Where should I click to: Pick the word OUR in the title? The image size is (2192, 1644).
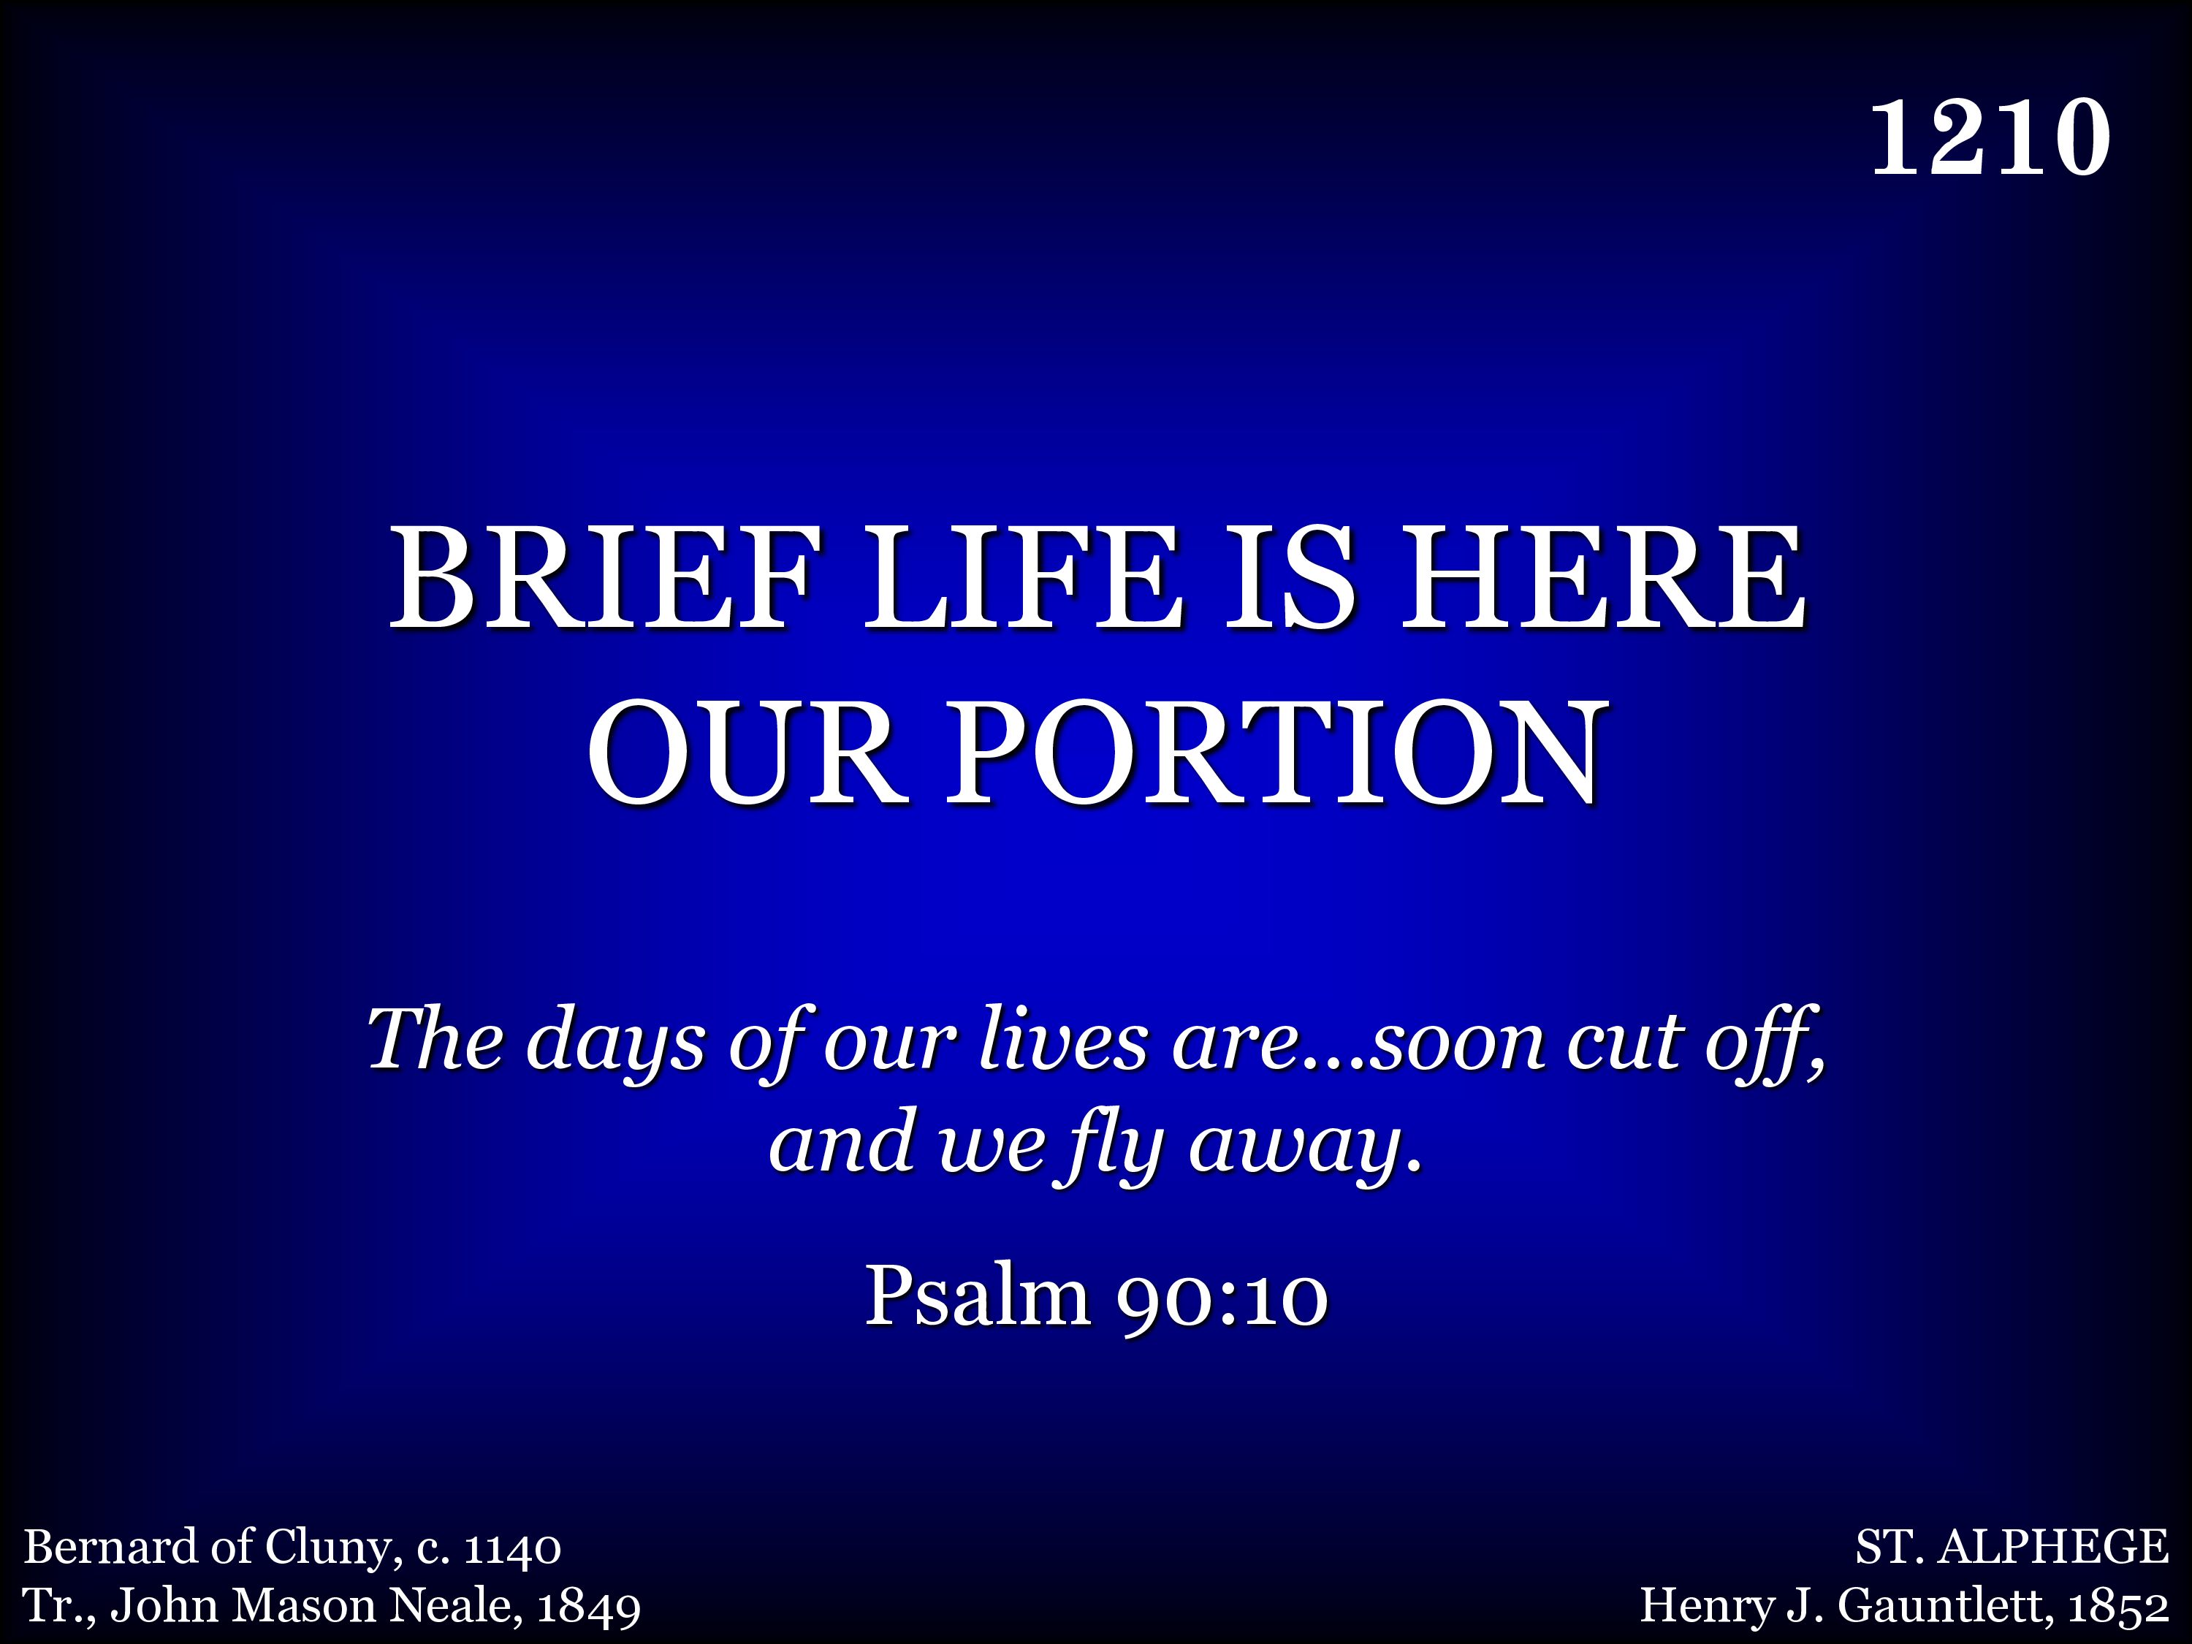(748, 750)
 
